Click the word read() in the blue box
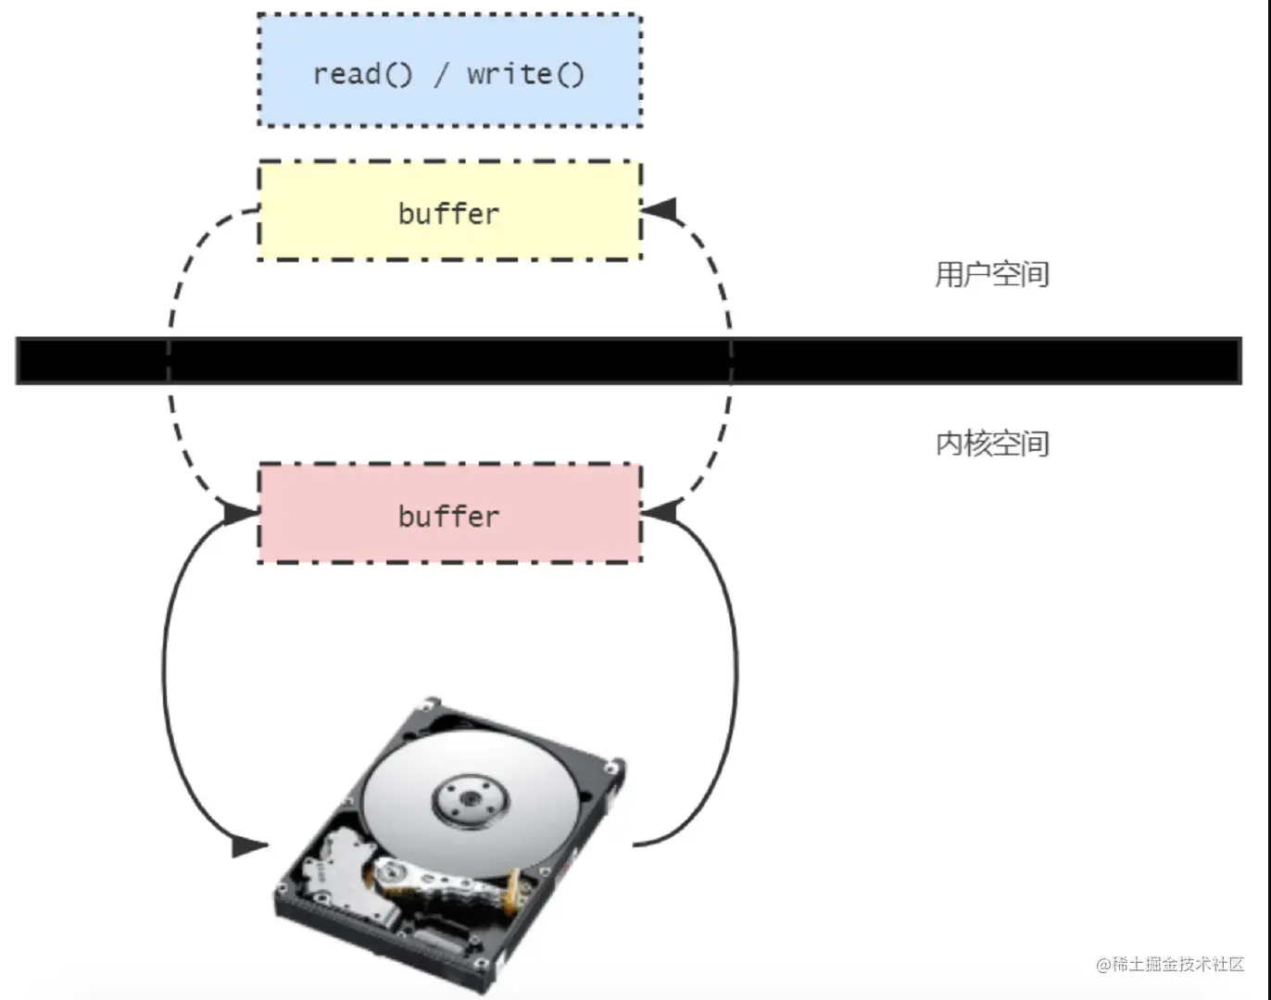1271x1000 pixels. pos(362,73)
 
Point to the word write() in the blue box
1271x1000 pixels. pos(525,73)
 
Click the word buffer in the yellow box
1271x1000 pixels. pos(448,214)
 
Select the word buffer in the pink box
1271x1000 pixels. pos(448,516)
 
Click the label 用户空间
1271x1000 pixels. pos(991,274)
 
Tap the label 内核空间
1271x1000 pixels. pos(991,444)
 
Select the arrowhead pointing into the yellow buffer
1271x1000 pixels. pos(660,209)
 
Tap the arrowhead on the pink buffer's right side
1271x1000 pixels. pos(660,510)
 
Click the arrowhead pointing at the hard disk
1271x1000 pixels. pos(248,846)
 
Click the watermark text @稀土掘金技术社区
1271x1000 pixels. pos(1169,964)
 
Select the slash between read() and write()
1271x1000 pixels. pos(440,74)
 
